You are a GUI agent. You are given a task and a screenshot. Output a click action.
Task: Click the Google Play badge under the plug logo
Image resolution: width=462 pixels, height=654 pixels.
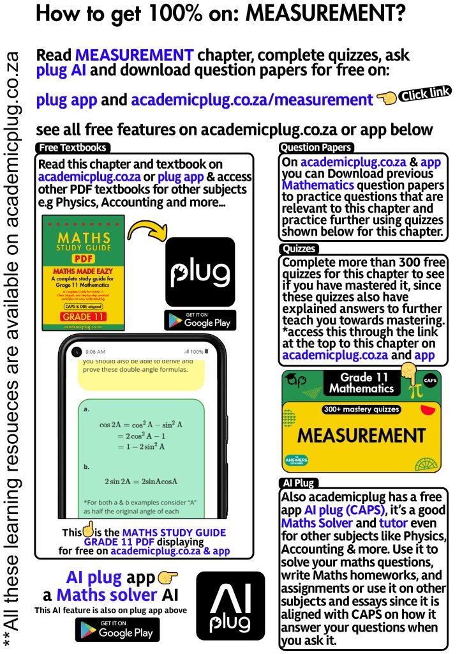pos(200,320)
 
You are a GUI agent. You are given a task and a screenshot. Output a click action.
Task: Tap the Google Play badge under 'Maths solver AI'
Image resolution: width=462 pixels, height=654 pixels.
pos(117,630)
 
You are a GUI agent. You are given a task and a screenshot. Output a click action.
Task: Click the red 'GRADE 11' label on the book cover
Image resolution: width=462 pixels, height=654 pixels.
pos(83,316)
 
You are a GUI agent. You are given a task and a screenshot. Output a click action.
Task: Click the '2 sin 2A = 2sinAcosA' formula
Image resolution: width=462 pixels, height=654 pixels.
pos(141,481)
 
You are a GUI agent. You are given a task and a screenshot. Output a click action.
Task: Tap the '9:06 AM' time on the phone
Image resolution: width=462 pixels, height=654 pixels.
pos(96,352)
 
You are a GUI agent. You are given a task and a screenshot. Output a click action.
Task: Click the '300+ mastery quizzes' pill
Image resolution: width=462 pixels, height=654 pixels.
pos(362,409)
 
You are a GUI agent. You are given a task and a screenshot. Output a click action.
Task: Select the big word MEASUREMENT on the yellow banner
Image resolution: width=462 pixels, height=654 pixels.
pos(361,436)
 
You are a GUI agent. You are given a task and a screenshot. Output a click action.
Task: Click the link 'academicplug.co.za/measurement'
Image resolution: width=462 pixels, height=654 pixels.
pos(252,100)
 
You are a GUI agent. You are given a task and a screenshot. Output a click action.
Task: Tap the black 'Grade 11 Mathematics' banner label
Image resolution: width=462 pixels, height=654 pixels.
pos(362,383)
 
